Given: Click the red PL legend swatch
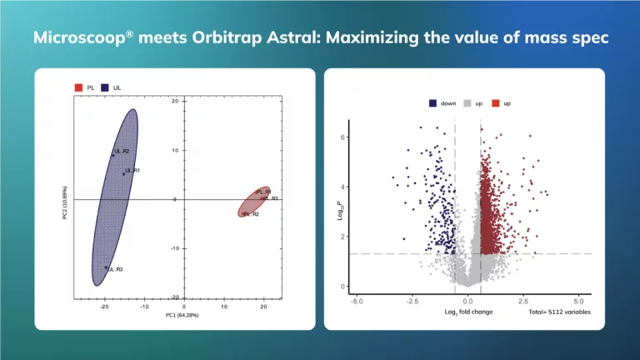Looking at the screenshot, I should coord(78,87).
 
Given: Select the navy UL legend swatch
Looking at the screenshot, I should coord(106,87).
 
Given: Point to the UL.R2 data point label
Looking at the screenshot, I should coord(122,152).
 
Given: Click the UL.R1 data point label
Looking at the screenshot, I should coord(132,171).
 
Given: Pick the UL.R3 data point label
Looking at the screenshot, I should coord(115,269).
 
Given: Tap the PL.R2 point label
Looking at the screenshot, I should coord(251,214).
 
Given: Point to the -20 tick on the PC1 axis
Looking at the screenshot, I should coord(104,306).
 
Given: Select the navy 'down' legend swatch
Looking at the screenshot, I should coord(433,103).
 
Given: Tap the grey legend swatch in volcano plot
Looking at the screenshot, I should coord(467,103).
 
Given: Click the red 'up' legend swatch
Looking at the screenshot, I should coord(495,103).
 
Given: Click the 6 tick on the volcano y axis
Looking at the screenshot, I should coord(344,137).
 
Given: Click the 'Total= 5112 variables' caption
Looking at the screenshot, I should coord(559,312).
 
